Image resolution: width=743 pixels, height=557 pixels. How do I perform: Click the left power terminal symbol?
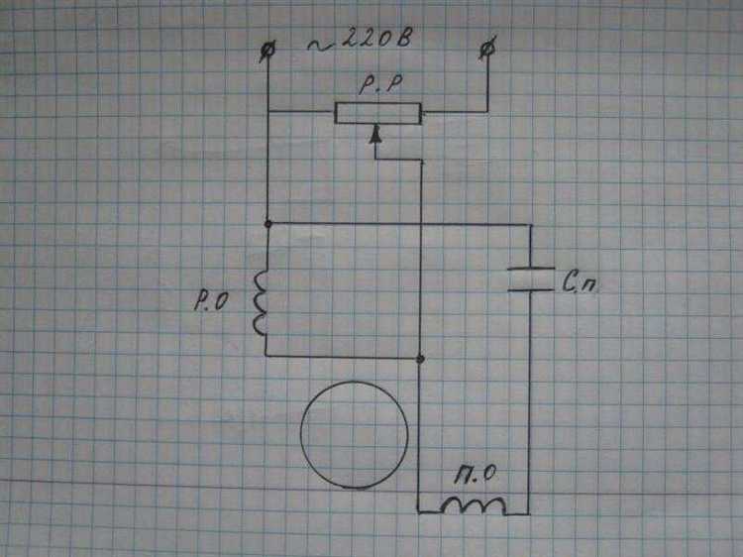268,51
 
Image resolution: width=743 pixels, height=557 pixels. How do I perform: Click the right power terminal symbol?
487,48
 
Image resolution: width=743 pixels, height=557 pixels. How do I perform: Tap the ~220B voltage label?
360,40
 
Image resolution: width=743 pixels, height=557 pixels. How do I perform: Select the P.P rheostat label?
380,85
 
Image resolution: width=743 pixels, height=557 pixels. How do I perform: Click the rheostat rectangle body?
377,113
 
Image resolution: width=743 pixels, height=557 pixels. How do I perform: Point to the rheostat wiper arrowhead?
375,135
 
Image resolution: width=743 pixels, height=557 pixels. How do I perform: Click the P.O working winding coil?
261,302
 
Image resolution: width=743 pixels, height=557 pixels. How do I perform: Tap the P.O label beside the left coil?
211,301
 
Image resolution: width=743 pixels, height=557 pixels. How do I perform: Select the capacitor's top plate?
530,270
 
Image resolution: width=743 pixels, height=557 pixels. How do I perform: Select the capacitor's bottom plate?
530,287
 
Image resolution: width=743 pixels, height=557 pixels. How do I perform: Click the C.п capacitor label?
580,283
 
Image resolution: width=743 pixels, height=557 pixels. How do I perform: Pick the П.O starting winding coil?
473,506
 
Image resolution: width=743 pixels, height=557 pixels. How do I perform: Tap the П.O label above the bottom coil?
475,475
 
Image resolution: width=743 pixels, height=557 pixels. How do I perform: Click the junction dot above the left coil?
268,224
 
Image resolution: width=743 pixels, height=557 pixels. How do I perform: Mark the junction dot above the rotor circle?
420,359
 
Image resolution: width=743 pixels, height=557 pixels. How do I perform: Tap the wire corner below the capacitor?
529,513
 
